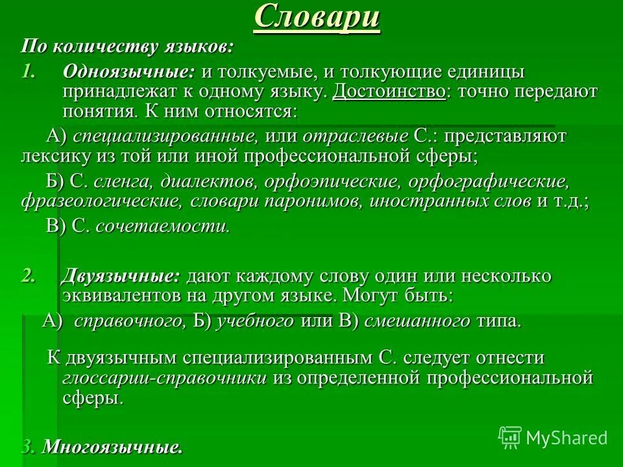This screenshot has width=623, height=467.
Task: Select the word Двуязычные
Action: click(121, 276)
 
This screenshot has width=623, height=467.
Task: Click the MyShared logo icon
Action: click(510, 437)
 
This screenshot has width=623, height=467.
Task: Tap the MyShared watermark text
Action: click(567, 438)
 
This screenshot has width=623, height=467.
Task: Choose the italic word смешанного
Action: click(417, 321)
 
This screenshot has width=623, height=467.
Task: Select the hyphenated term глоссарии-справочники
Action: click(165, 378)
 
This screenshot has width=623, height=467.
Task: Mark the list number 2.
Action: click(27, 276)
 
